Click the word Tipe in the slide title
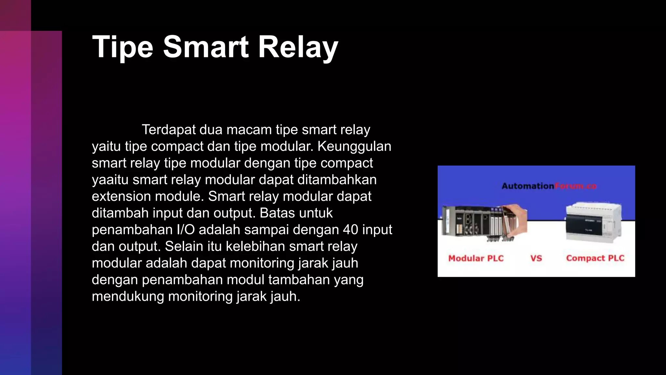(x=122, y=48)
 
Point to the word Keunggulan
(x=354, y=146)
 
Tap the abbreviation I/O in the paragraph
(x=186, y=230)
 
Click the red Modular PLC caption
(x=476, y=258)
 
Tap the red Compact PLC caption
(x=595, y=258)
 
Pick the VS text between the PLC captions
(x=536, y=258)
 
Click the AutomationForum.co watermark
(x=549, y=186)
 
